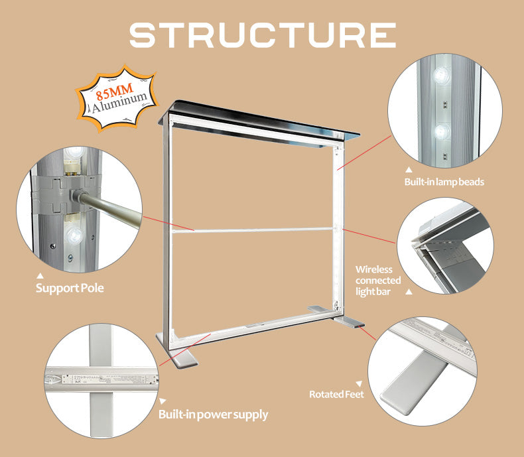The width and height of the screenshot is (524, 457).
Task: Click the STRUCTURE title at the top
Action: click(262, 35)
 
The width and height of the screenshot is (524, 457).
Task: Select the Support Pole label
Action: click(70, 289)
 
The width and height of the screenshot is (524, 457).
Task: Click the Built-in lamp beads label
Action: click(444, 182)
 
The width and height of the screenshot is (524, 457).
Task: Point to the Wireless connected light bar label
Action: click(378, 281)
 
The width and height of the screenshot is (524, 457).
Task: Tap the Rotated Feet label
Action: click(336, 394)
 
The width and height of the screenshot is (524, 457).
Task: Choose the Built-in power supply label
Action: click(213, 415)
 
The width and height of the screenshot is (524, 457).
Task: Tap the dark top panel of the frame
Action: click(259, 119)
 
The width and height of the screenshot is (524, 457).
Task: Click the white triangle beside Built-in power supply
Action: click(161, 401)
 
